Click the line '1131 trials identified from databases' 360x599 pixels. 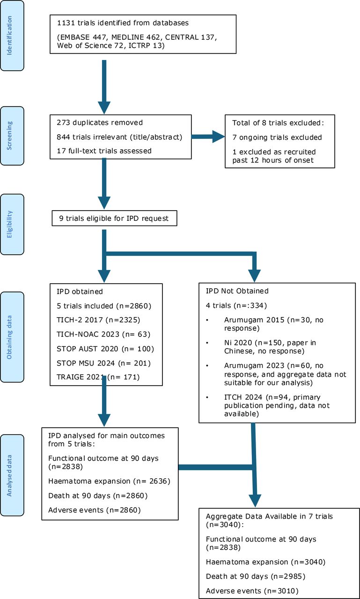[123, 23]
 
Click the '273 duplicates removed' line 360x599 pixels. [100, 123]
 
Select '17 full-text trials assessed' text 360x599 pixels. [104, 151]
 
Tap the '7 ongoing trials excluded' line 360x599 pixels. [277, 138]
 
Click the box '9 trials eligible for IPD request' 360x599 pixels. [115, 218]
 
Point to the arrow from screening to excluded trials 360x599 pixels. [208, 137]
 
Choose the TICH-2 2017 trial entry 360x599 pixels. [98, 320]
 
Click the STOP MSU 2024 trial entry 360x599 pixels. [104, 364]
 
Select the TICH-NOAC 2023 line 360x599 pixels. [103, 335]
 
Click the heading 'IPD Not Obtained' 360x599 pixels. [237, 291]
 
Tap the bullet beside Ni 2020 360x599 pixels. [207, 343]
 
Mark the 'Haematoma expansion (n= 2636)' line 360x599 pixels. [110, 482]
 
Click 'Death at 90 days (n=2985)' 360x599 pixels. [256, 577]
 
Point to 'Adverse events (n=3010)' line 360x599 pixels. [252, 591]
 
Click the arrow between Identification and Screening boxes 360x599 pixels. [104, 87]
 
